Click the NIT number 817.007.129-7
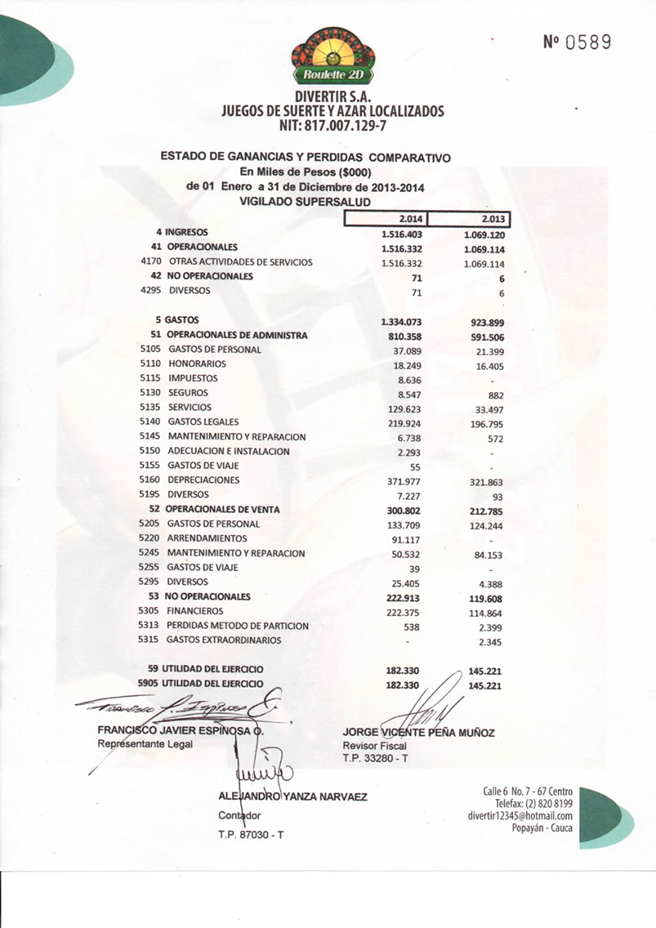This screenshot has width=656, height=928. [332, 127]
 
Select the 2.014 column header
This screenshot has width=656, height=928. [386, 219]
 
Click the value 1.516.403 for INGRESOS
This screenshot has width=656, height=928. [402, 234]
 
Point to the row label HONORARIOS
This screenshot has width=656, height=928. [197, 364]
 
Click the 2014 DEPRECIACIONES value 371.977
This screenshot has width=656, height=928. [404, 481]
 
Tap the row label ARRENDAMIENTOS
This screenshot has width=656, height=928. [207, 539]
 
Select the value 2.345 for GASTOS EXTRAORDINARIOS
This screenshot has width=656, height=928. [490, 642]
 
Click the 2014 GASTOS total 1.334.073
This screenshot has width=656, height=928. [402, 322]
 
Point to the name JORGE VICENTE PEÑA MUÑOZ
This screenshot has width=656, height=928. [418, 733]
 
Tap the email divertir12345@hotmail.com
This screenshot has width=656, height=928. [520, 815]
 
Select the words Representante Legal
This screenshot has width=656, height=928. [145, 744]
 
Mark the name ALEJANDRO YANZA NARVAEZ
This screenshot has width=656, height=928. [292, 796]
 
